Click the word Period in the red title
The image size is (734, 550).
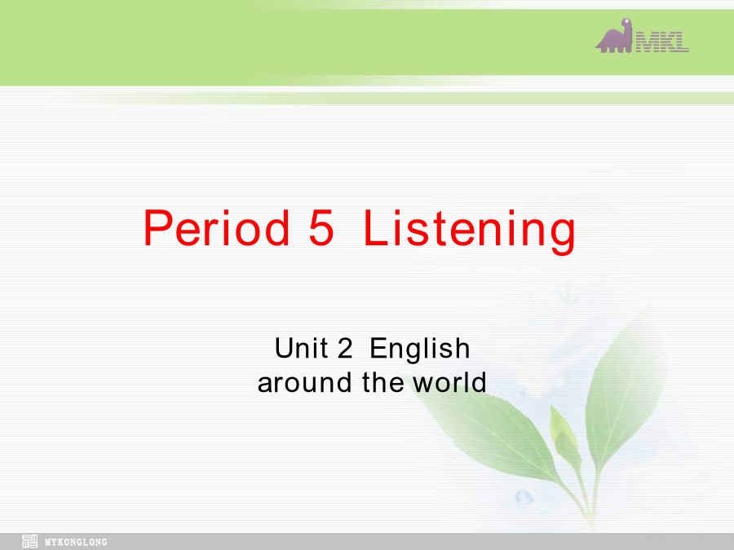[x=216, y=228]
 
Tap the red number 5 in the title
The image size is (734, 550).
[x=321, y=228]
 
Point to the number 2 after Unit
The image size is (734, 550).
[x=344, y=349]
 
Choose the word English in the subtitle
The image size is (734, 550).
[x=420, y=350]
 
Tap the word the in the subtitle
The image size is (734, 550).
[x=383, y=382]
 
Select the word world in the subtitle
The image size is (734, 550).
[x=449, y=382]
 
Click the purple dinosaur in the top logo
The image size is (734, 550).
[x=613, y=37]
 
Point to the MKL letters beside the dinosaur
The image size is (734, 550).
[x=661, y=42]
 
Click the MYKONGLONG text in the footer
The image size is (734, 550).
[x=76, y=543]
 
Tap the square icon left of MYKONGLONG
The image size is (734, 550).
[x=30, y=541]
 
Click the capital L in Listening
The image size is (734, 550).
[x=378, y=228]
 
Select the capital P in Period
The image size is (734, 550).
[x=157, y=228]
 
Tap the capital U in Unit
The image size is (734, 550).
[x=284, y=349]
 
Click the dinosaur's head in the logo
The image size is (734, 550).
[x=626, y=24]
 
